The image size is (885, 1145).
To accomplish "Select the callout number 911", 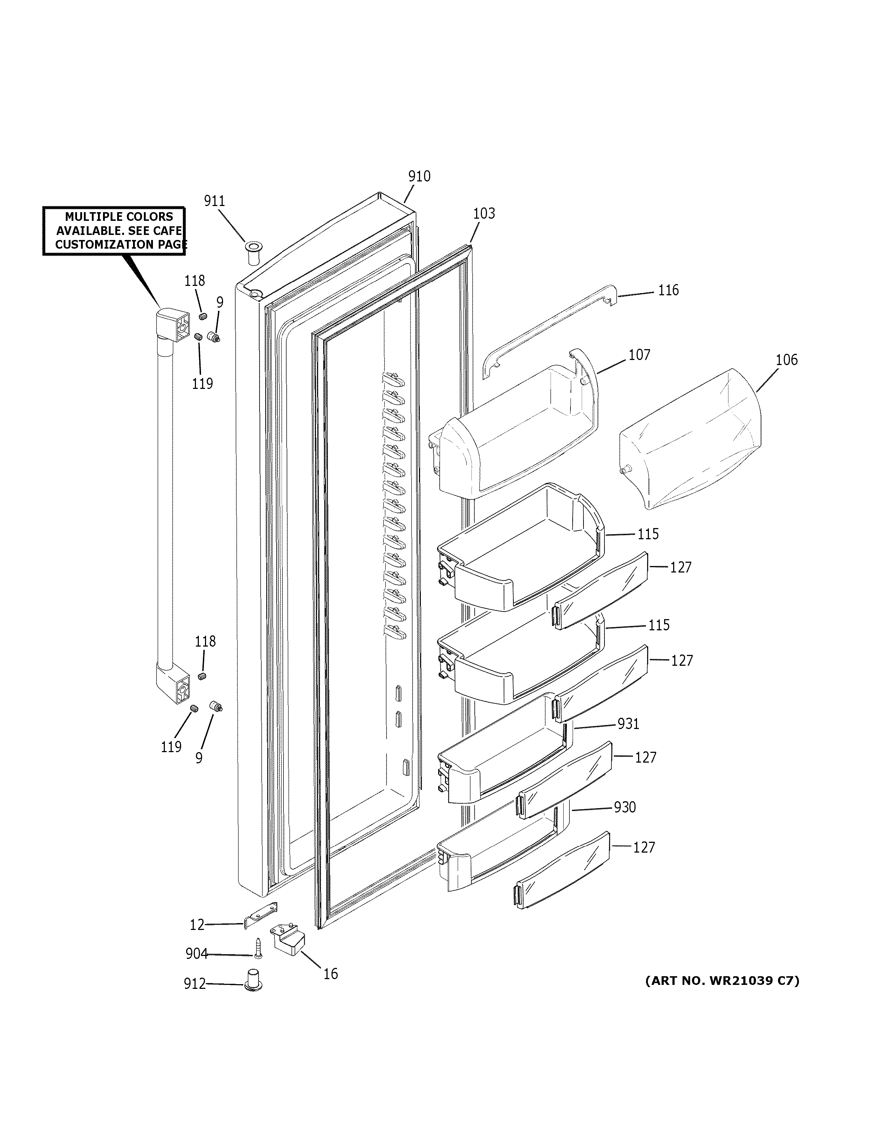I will point(214,201).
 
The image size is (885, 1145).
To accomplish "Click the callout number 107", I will point(639,355).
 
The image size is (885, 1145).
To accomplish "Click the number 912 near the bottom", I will point(194,984).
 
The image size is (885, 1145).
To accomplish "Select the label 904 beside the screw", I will point(197,954).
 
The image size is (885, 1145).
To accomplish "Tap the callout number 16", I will point(330,974).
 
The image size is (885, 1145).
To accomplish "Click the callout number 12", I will point(197,925).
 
